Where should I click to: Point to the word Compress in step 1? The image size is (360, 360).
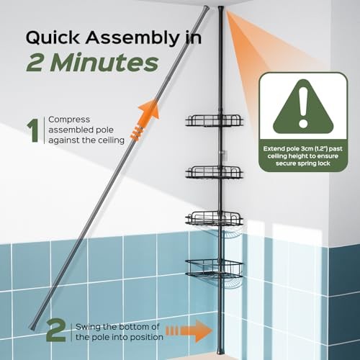tap(71, 120)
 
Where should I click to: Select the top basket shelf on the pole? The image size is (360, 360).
tap(214, 120)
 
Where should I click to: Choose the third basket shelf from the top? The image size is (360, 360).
tap(215, 217)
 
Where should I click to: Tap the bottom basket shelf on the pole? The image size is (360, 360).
tap(214, 267)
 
